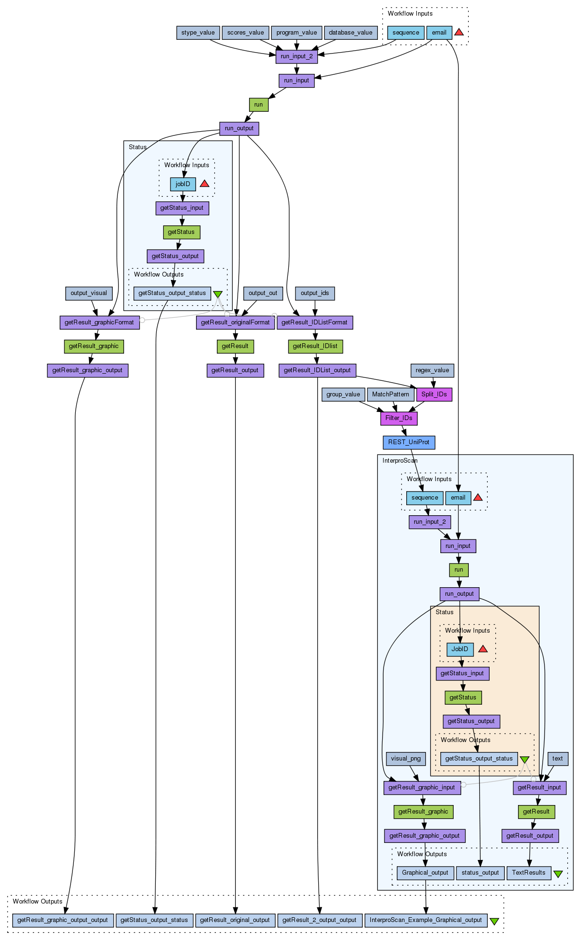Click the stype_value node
tap(198, 33)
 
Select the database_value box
tap(350, 33)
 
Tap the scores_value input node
tap(245, 33)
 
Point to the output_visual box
tap(89, 293)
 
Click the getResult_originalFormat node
tap(235, 322)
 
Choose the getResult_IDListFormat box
tap(314, 322)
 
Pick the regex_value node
tap(432, 370)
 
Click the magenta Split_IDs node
tap(434, 394)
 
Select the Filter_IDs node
tap(399, 418)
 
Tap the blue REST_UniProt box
tap(409, 442)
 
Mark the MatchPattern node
tap(390, 394)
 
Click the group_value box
tap(343, 394)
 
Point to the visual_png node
tap(406, 759)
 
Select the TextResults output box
tap(528, 873)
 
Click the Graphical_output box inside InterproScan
tap(425, 873)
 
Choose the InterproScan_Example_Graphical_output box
tap(426, 920)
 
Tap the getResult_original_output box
tap(235, 920)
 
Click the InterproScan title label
tap(400, 461)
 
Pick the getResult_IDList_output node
tap(317, 370)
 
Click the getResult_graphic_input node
tap(421, 788)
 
